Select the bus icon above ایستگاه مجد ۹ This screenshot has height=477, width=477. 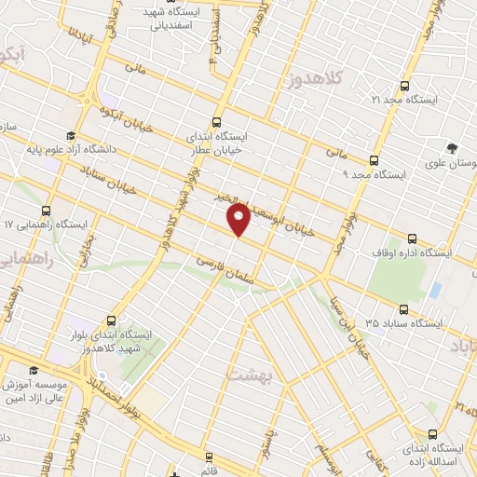[374, 160]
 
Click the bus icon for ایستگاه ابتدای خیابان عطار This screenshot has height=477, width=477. [217, 121]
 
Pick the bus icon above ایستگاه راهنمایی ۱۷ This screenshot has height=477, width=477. [47, 211]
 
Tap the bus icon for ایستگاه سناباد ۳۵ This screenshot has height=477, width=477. [403, 309]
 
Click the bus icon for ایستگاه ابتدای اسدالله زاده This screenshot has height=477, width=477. [432, 434]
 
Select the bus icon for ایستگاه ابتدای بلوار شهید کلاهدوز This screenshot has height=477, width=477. [111, 319]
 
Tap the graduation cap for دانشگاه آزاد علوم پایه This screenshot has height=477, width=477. [71, 135]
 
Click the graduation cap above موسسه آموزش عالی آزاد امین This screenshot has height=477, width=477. [34, 370]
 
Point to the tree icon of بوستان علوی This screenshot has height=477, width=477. [453, 148]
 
